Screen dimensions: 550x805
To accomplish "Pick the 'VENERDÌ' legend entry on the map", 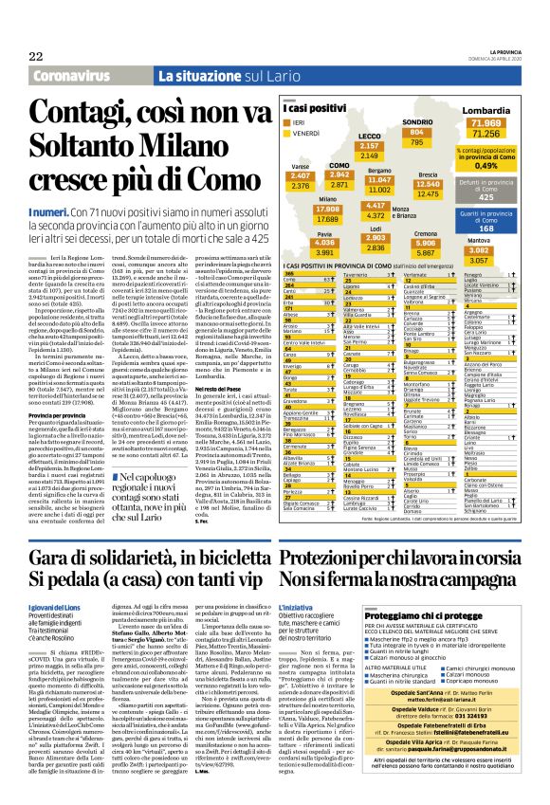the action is (x=313, y=135).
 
